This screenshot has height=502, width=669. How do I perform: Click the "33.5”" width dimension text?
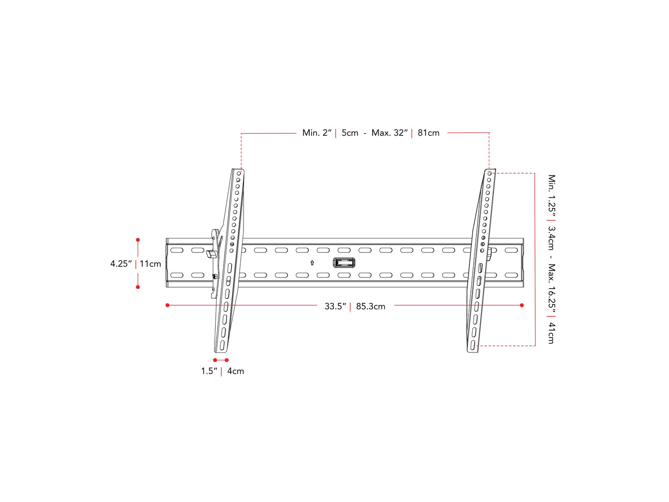335,307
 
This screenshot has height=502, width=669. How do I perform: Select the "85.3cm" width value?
370,307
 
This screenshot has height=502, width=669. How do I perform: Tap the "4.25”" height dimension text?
121,264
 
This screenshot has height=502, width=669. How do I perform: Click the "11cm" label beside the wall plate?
150,264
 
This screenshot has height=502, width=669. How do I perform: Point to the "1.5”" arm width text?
209,371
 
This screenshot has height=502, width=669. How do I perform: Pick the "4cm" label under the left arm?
235,371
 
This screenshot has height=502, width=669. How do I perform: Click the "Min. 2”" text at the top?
317,133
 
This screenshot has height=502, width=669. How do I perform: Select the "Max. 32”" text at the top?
389,133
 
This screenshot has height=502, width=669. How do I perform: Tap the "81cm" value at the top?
428,133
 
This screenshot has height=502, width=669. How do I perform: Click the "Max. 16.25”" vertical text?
551,286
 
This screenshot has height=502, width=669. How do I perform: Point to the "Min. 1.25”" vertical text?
551,196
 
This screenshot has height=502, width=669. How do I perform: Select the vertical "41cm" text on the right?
551,333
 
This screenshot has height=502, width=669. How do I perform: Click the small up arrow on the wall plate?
312,263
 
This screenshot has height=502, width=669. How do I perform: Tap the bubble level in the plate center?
344,263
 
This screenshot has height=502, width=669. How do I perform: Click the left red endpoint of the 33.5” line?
168,305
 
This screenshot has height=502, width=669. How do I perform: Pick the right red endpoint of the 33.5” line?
522,305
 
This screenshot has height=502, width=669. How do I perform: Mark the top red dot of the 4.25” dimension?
138,240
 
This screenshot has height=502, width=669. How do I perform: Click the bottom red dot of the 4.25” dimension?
138,287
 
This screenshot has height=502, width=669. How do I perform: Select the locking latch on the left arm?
212,254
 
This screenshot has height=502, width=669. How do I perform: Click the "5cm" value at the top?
350,133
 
